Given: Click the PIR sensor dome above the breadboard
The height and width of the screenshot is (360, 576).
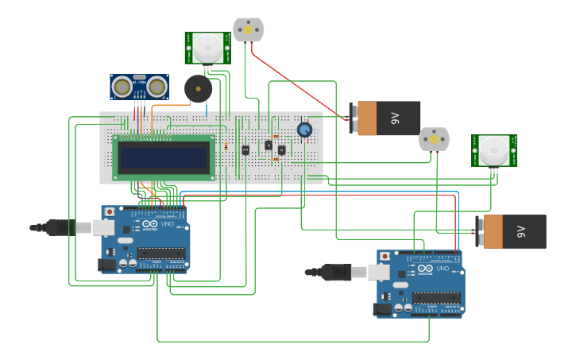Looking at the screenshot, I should (x=209, y=48).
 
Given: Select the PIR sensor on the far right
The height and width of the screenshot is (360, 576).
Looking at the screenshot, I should (x=493, y=150).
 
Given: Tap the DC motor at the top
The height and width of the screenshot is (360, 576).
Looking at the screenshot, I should (x=248, y=30).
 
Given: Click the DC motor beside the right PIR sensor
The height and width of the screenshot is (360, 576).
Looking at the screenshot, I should (x=434, y=139).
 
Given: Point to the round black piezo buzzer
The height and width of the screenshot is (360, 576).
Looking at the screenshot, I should (x=198, y=89).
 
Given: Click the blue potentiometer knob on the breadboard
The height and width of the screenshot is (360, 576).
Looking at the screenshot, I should (x=304, y=130).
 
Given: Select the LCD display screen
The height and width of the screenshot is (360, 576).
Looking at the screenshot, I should (x=164, y=157).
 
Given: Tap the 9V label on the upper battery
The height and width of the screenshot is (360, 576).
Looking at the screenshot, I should (x=395, y=118).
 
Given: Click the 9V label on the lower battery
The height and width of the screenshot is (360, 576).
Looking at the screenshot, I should (x=521, y=231).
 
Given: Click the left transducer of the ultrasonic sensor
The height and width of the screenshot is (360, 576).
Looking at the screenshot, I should (x=122, y=86).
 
